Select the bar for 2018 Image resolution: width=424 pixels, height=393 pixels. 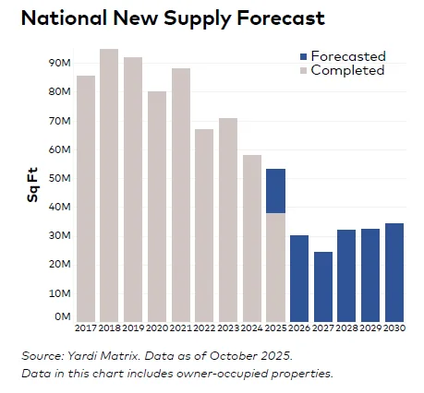click(109, 185)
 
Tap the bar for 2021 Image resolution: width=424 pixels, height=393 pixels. click(181, 194)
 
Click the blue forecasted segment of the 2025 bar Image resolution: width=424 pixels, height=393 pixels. click(275, 191)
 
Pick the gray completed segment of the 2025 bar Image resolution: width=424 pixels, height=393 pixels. click(275, 267)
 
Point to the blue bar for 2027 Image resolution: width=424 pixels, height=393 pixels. click(323, 286)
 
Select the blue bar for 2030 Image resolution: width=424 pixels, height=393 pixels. click(394, 272)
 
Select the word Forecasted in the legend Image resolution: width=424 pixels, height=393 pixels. click(347, 56)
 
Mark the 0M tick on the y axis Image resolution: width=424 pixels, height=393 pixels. click(63, 316)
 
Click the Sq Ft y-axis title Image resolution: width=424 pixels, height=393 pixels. click(32, 185)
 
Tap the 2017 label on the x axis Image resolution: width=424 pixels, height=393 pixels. click(85, 328)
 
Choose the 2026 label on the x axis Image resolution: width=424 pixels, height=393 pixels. click(299, 328)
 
